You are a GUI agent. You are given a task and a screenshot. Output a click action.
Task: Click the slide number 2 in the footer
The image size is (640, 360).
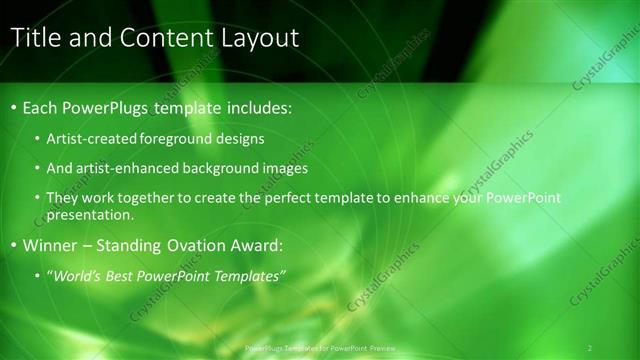590,347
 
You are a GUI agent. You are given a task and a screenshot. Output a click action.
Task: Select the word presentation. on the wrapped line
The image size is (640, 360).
89,214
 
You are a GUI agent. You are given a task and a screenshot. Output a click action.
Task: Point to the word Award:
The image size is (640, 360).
262,245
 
